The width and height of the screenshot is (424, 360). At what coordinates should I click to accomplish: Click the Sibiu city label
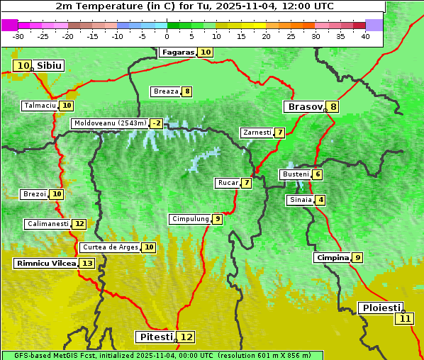pyautogui.click(x=50, y=66)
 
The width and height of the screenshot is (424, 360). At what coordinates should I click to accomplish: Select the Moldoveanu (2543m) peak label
pyautogui.click(x=110, y=123)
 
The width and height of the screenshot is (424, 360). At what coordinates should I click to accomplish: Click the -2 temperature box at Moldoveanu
pyautogui.click(x=156, y=123)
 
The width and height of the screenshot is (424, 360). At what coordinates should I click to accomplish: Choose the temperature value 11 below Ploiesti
pyautogui.click(x=405, y=319)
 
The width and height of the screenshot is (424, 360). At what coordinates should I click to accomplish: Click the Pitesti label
pyautogui.click(x=154, y=337)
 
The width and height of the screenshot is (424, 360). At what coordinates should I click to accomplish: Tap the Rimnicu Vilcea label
pyautogui.click(x=45, y=264)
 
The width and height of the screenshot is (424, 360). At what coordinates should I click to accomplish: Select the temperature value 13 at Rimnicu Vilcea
pyautogui.click(x=87, y=264)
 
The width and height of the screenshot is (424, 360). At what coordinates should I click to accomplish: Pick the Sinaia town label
pyautogui.click(x=300, y=200)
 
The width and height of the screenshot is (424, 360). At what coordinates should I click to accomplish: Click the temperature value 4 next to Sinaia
pyautogui.click(x=321, y=200)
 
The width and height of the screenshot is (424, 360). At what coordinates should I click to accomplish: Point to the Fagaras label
pyautogui.click(x=177, y=52)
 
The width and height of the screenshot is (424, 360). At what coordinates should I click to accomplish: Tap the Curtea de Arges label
pyautogui.click(x=109, y=247)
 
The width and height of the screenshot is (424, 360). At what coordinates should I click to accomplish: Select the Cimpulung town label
pyautogui.click(x=190, y=219)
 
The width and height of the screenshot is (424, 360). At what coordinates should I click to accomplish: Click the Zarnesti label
pyautogui.click(x=257, y=133)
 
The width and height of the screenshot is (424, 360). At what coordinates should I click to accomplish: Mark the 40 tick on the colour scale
pyautogui.click(x=365, y=36)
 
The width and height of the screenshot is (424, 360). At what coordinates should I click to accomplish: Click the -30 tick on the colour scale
pyautogui.click(x=18, y=36)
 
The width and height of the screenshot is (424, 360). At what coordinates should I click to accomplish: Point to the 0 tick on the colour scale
pyautogui.click(x=167, y=36)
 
